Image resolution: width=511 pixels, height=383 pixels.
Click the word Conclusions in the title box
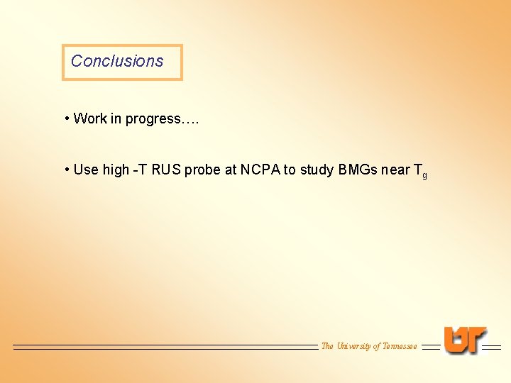117,61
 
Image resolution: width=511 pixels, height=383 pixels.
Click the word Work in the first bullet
89,118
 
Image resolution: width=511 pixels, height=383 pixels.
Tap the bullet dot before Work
66,118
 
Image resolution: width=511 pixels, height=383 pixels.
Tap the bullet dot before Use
66,170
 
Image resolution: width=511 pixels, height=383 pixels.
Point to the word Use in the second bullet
86,170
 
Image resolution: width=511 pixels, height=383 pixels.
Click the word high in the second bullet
116,170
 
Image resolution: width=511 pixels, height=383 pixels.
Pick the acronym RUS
166,170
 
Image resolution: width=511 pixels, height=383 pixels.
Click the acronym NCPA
260,170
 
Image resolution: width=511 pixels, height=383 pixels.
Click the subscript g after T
424,175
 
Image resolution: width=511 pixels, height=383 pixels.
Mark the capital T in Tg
417,170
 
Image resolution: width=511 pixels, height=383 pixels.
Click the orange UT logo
465,340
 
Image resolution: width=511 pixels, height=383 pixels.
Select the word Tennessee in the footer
400,346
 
